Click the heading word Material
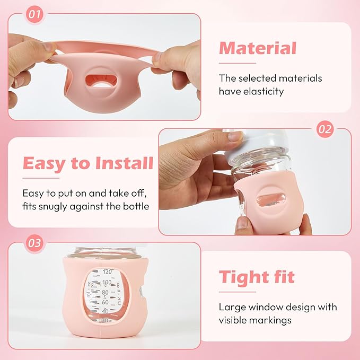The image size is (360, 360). coord(257,48)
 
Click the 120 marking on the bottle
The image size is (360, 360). coord(109,271)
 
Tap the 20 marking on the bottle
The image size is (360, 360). coord(106,320)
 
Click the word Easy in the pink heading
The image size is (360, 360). coord(45,163)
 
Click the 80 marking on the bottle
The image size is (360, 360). coord(106,292)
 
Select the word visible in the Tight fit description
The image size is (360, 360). coord(235,320)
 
